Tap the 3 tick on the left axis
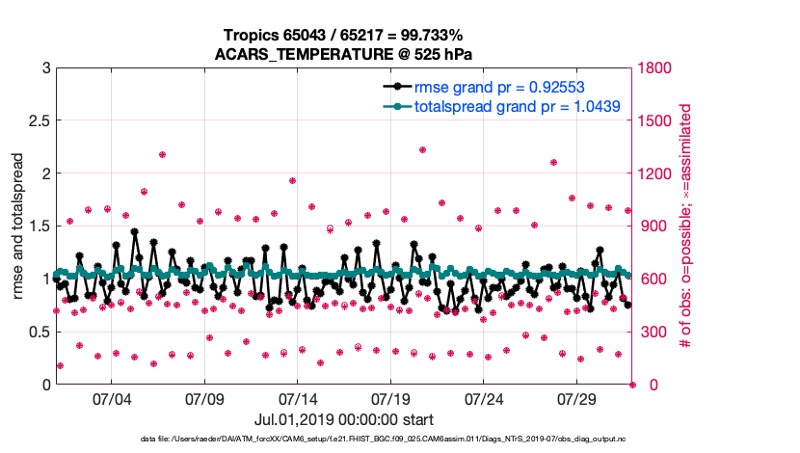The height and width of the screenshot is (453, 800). [44, 68]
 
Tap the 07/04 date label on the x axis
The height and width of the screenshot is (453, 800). [111, 399]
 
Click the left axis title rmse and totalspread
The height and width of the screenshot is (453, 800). [18, 226]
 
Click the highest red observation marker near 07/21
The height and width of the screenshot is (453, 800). [423, 149]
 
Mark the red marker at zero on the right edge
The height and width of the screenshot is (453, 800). [632, 385]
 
